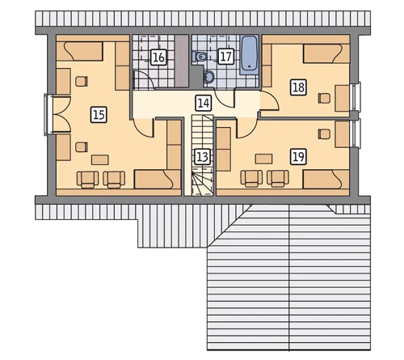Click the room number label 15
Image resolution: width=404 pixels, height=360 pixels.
pos(99,115)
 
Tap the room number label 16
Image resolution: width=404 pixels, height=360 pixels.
pos(158,57)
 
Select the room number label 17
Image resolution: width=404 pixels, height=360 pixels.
pos(225,57)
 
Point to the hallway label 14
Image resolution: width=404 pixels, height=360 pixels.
pos(203,103)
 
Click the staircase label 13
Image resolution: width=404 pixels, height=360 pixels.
pos(202,157)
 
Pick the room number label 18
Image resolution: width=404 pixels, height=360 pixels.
pos(298,87)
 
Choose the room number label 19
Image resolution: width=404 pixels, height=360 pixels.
pos(298,157)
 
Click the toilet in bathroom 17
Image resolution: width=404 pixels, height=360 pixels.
pos(200,57)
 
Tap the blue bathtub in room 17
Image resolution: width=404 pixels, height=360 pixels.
pos(249,55)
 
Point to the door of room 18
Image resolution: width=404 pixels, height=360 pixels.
pos(270,101)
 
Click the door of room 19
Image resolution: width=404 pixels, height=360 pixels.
pos(246,129)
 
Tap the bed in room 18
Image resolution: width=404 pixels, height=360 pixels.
pos(322,54)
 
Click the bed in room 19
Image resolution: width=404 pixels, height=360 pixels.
pos(322,180)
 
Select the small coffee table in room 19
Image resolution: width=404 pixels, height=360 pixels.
pos(263,159)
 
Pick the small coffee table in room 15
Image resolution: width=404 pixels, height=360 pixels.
pos(100,159)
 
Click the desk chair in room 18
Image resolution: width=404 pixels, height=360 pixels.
pos(324,98)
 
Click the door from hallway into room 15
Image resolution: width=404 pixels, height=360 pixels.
pos(143,129)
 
